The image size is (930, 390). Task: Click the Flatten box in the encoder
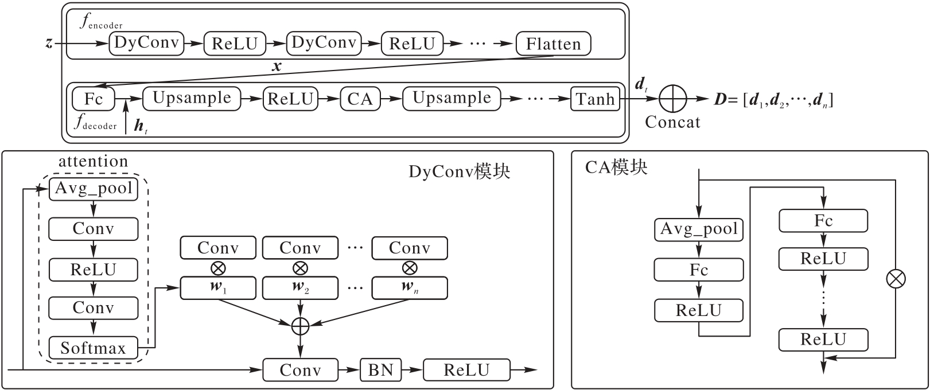(553, 44)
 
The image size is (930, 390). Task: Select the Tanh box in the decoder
(595, 99)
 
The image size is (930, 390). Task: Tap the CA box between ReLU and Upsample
(360, 99)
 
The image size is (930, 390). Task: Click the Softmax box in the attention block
(93, 348)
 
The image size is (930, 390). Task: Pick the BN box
(380, 370)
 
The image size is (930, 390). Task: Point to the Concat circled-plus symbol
(672, 99)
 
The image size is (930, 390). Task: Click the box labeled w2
(299, 288)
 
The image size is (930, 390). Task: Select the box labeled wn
(409, 288)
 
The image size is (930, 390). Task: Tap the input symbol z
(49, 43)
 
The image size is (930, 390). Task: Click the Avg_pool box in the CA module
(699, 229)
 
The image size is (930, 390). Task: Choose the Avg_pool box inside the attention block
(94, 189)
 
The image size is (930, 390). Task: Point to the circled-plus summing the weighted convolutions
(300, 326)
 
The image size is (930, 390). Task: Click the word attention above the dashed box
(93, 162)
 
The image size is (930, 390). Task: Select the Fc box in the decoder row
(93, 99)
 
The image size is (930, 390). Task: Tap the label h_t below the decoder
(141, 126)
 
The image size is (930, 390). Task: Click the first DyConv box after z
(146, 43)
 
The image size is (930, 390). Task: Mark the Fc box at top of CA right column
(823, 221)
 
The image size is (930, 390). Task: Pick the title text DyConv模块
(459, 171)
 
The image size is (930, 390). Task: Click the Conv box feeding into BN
(299, 370)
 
